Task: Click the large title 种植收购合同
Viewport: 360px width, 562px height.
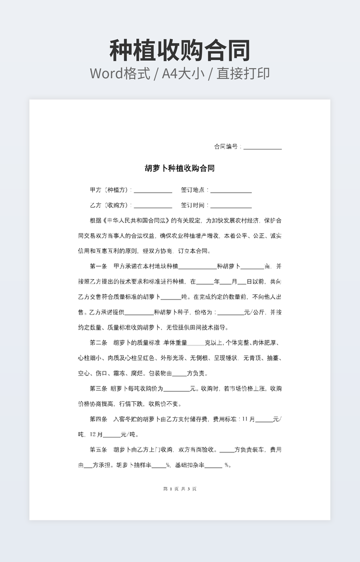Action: pos(179,51)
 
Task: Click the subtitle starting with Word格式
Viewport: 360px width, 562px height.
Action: pos(179,73)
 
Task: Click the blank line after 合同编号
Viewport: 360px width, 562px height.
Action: pos(263,148)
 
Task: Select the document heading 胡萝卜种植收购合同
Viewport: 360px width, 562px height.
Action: pos(179,168)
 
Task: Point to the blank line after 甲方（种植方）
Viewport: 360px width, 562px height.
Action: pos(153,191)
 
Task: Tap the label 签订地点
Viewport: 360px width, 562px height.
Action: pos(194,190)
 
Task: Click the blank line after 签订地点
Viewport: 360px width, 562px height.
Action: pos(231,191)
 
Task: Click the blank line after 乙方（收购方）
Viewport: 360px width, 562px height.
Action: pos(153,206)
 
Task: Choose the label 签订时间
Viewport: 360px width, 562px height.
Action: pos(194,205)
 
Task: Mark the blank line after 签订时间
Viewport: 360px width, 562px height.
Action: pos(231,206)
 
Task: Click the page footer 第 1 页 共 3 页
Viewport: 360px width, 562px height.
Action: pos(179,489)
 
